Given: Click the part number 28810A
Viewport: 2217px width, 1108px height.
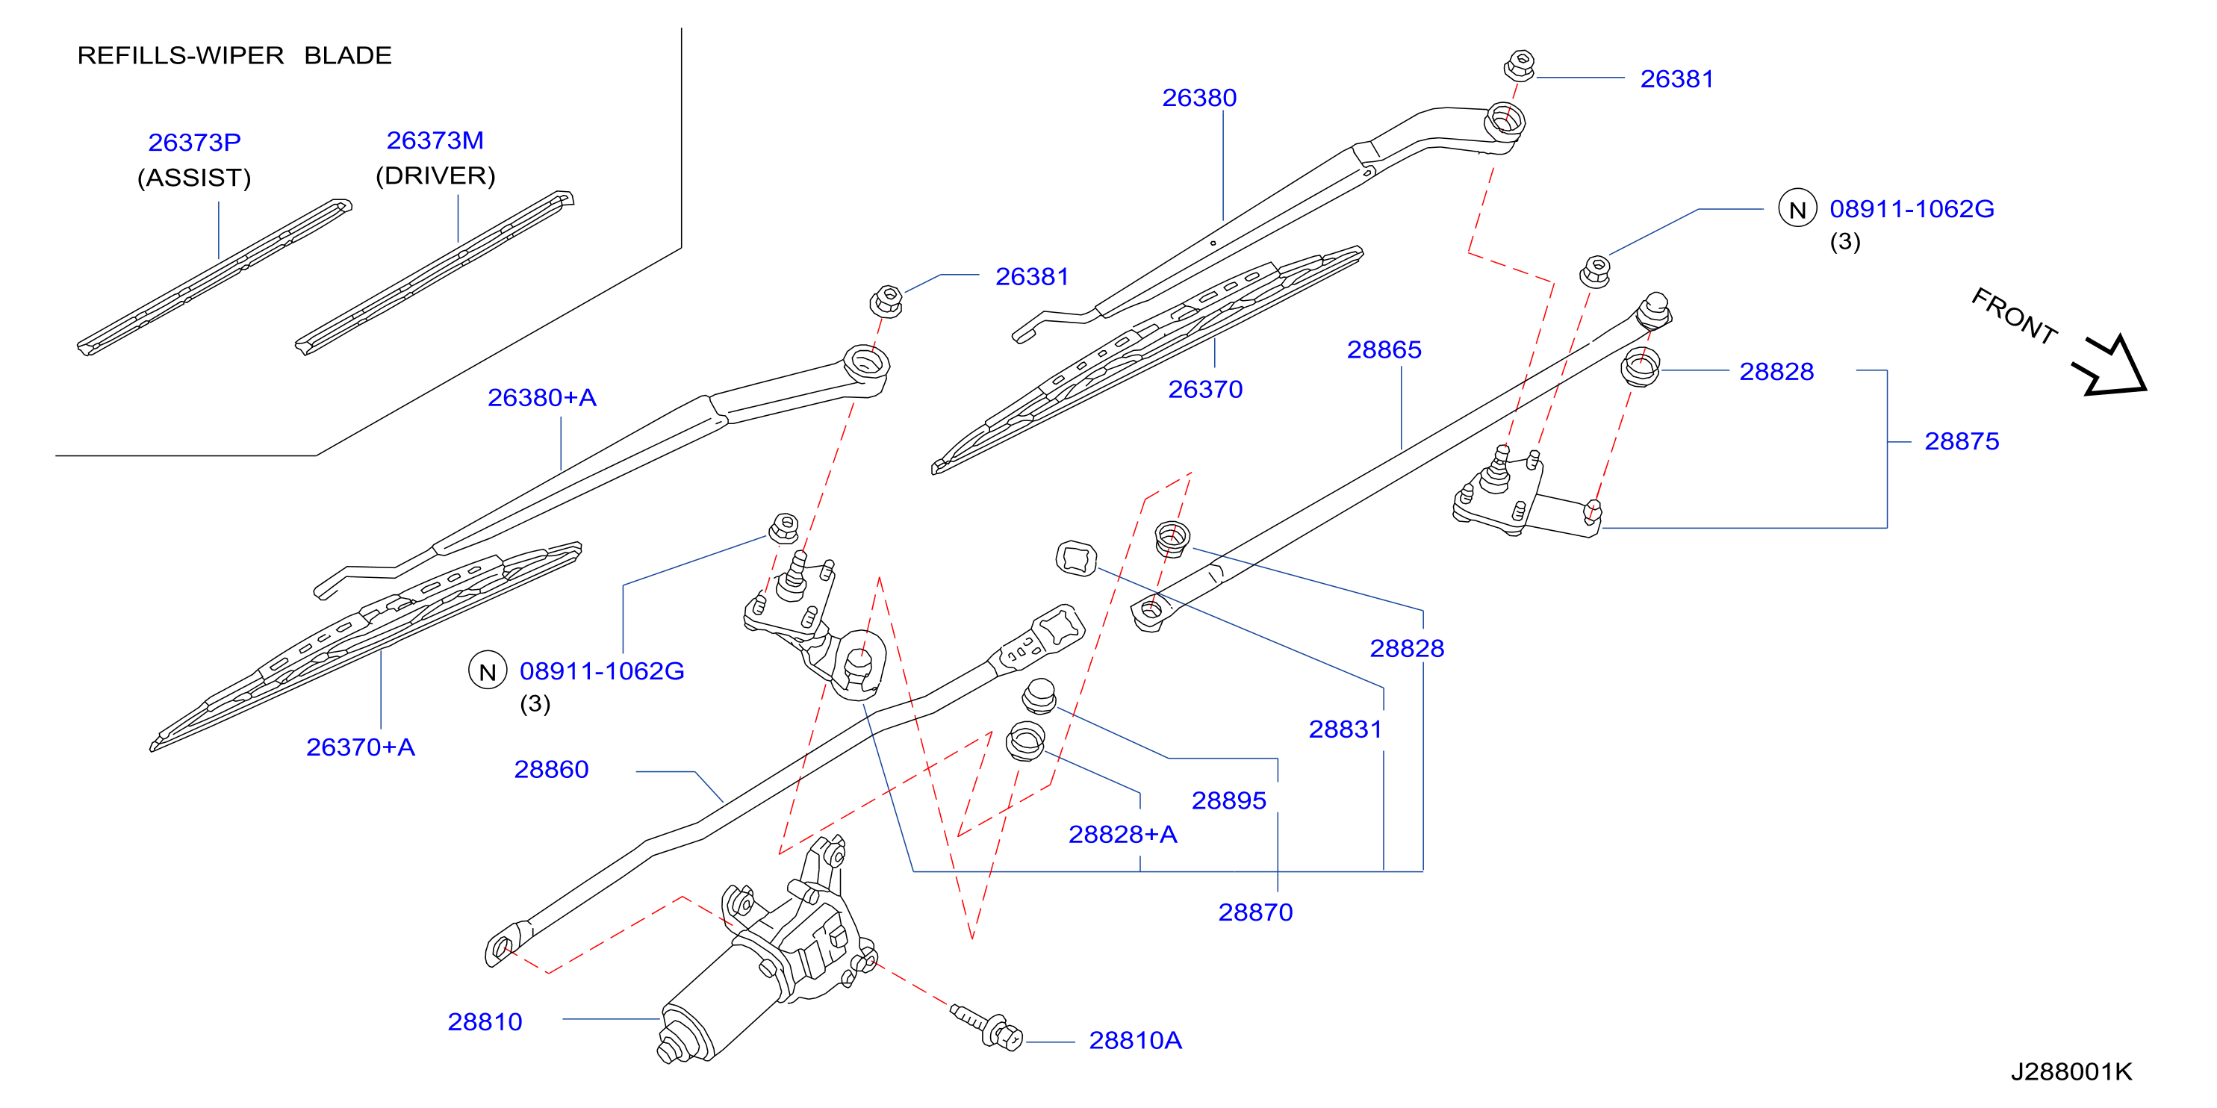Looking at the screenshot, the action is click(x=1135, y=1041).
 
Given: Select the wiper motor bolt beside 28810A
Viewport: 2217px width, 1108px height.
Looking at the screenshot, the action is click(x=987, y=1025).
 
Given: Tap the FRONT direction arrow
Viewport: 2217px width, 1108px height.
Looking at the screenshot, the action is click(x=2111, y=366).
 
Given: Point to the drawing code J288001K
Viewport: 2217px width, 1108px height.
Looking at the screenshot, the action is click(x=2071, y=1072).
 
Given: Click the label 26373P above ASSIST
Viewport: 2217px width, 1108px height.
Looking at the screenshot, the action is click(x=194, y=142).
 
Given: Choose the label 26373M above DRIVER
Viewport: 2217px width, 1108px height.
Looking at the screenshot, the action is click(x=435, y=140).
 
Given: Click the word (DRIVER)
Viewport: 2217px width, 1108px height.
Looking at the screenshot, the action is click(x=435, y=175).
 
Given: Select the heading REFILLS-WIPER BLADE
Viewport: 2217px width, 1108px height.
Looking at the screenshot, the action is click(x=234, y=55).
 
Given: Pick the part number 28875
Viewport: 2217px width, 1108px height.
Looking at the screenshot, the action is click(x=1962, y=441).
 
